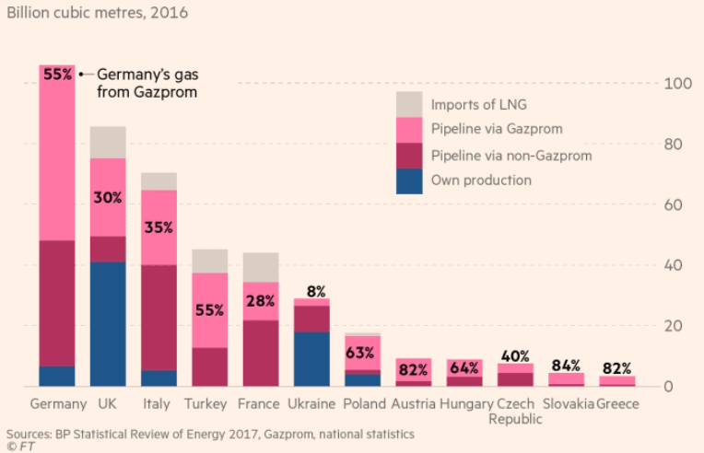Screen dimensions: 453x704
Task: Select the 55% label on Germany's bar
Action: (x=57, y=74)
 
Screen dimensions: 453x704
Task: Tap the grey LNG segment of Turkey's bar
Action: (x=209, y=261)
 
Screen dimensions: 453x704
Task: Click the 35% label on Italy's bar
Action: (x=158, y=227)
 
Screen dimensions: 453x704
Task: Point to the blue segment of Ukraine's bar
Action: (x=311, y=358)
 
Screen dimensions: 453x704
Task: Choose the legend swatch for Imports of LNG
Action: (x=409, y=103)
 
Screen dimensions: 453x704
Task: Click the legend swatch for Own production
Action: (x=409, y=180)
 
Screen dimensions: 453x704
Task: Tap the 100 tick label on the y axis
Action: (x=677, y=84)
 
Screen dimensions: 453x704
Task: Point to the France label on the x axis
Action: (x=260, y=404)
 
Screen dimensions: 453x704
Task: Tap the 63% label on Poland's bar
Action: (x=361, y=352)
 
